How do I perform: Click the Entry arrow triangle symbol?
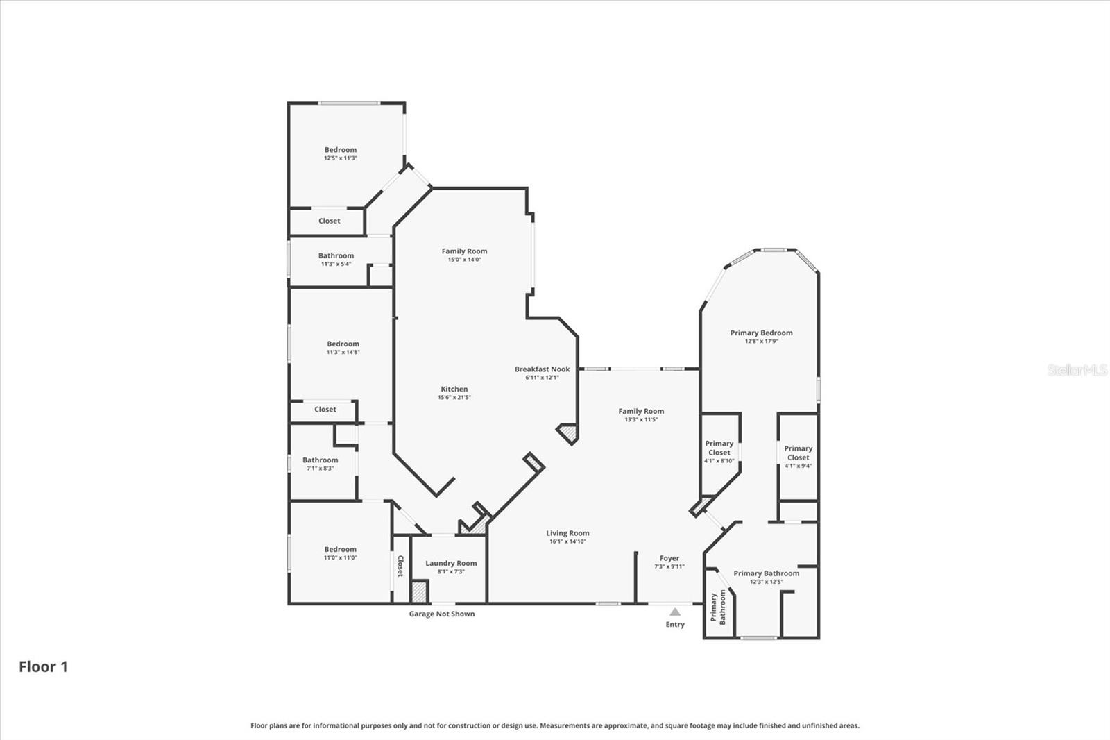(x=675, y=612)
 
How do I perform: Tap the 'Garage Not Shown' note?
(x=442, y=614)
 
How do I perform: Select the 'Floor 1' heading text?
(x=43, y=666)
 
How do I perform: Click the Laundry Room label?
(x=451, y=563)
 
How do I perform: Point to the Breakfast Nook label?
(x=542, y=369)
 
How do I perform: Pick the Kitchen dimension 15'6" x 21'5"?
(x=454, y=398)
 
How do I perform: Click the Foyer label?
(x=669, y=558)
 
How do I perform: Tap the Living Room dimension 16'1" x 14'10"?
(x=567, y=541)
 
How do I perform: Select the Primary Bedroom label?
(x=761, y=333)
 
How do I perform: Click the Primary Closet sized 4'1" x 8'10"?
(x=719, y=451)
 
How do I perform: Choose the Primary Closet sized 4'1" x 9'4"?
(x=798, y=457)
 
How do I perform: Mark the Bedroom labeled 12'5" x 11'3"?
(x=341, y=153)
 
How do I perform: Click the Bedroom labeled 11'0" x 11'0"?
(x=340, y=553)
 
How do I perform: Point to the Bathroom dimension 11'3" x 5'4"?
(x=336, y=264)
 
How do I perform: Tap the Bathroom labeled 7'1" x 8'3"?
(x=320, y=464)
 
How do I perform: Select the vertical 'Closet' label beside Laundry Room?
(x=400, y=566)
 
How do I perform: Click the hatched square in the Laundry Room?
(x=419, y=592)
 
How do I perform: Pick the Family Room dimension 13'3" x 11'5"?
(x=641, y=419)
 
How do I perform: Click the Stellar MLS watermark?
(x=1077, y=370)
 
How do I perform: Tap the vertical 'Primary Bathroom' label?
(x=718, y=607)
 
